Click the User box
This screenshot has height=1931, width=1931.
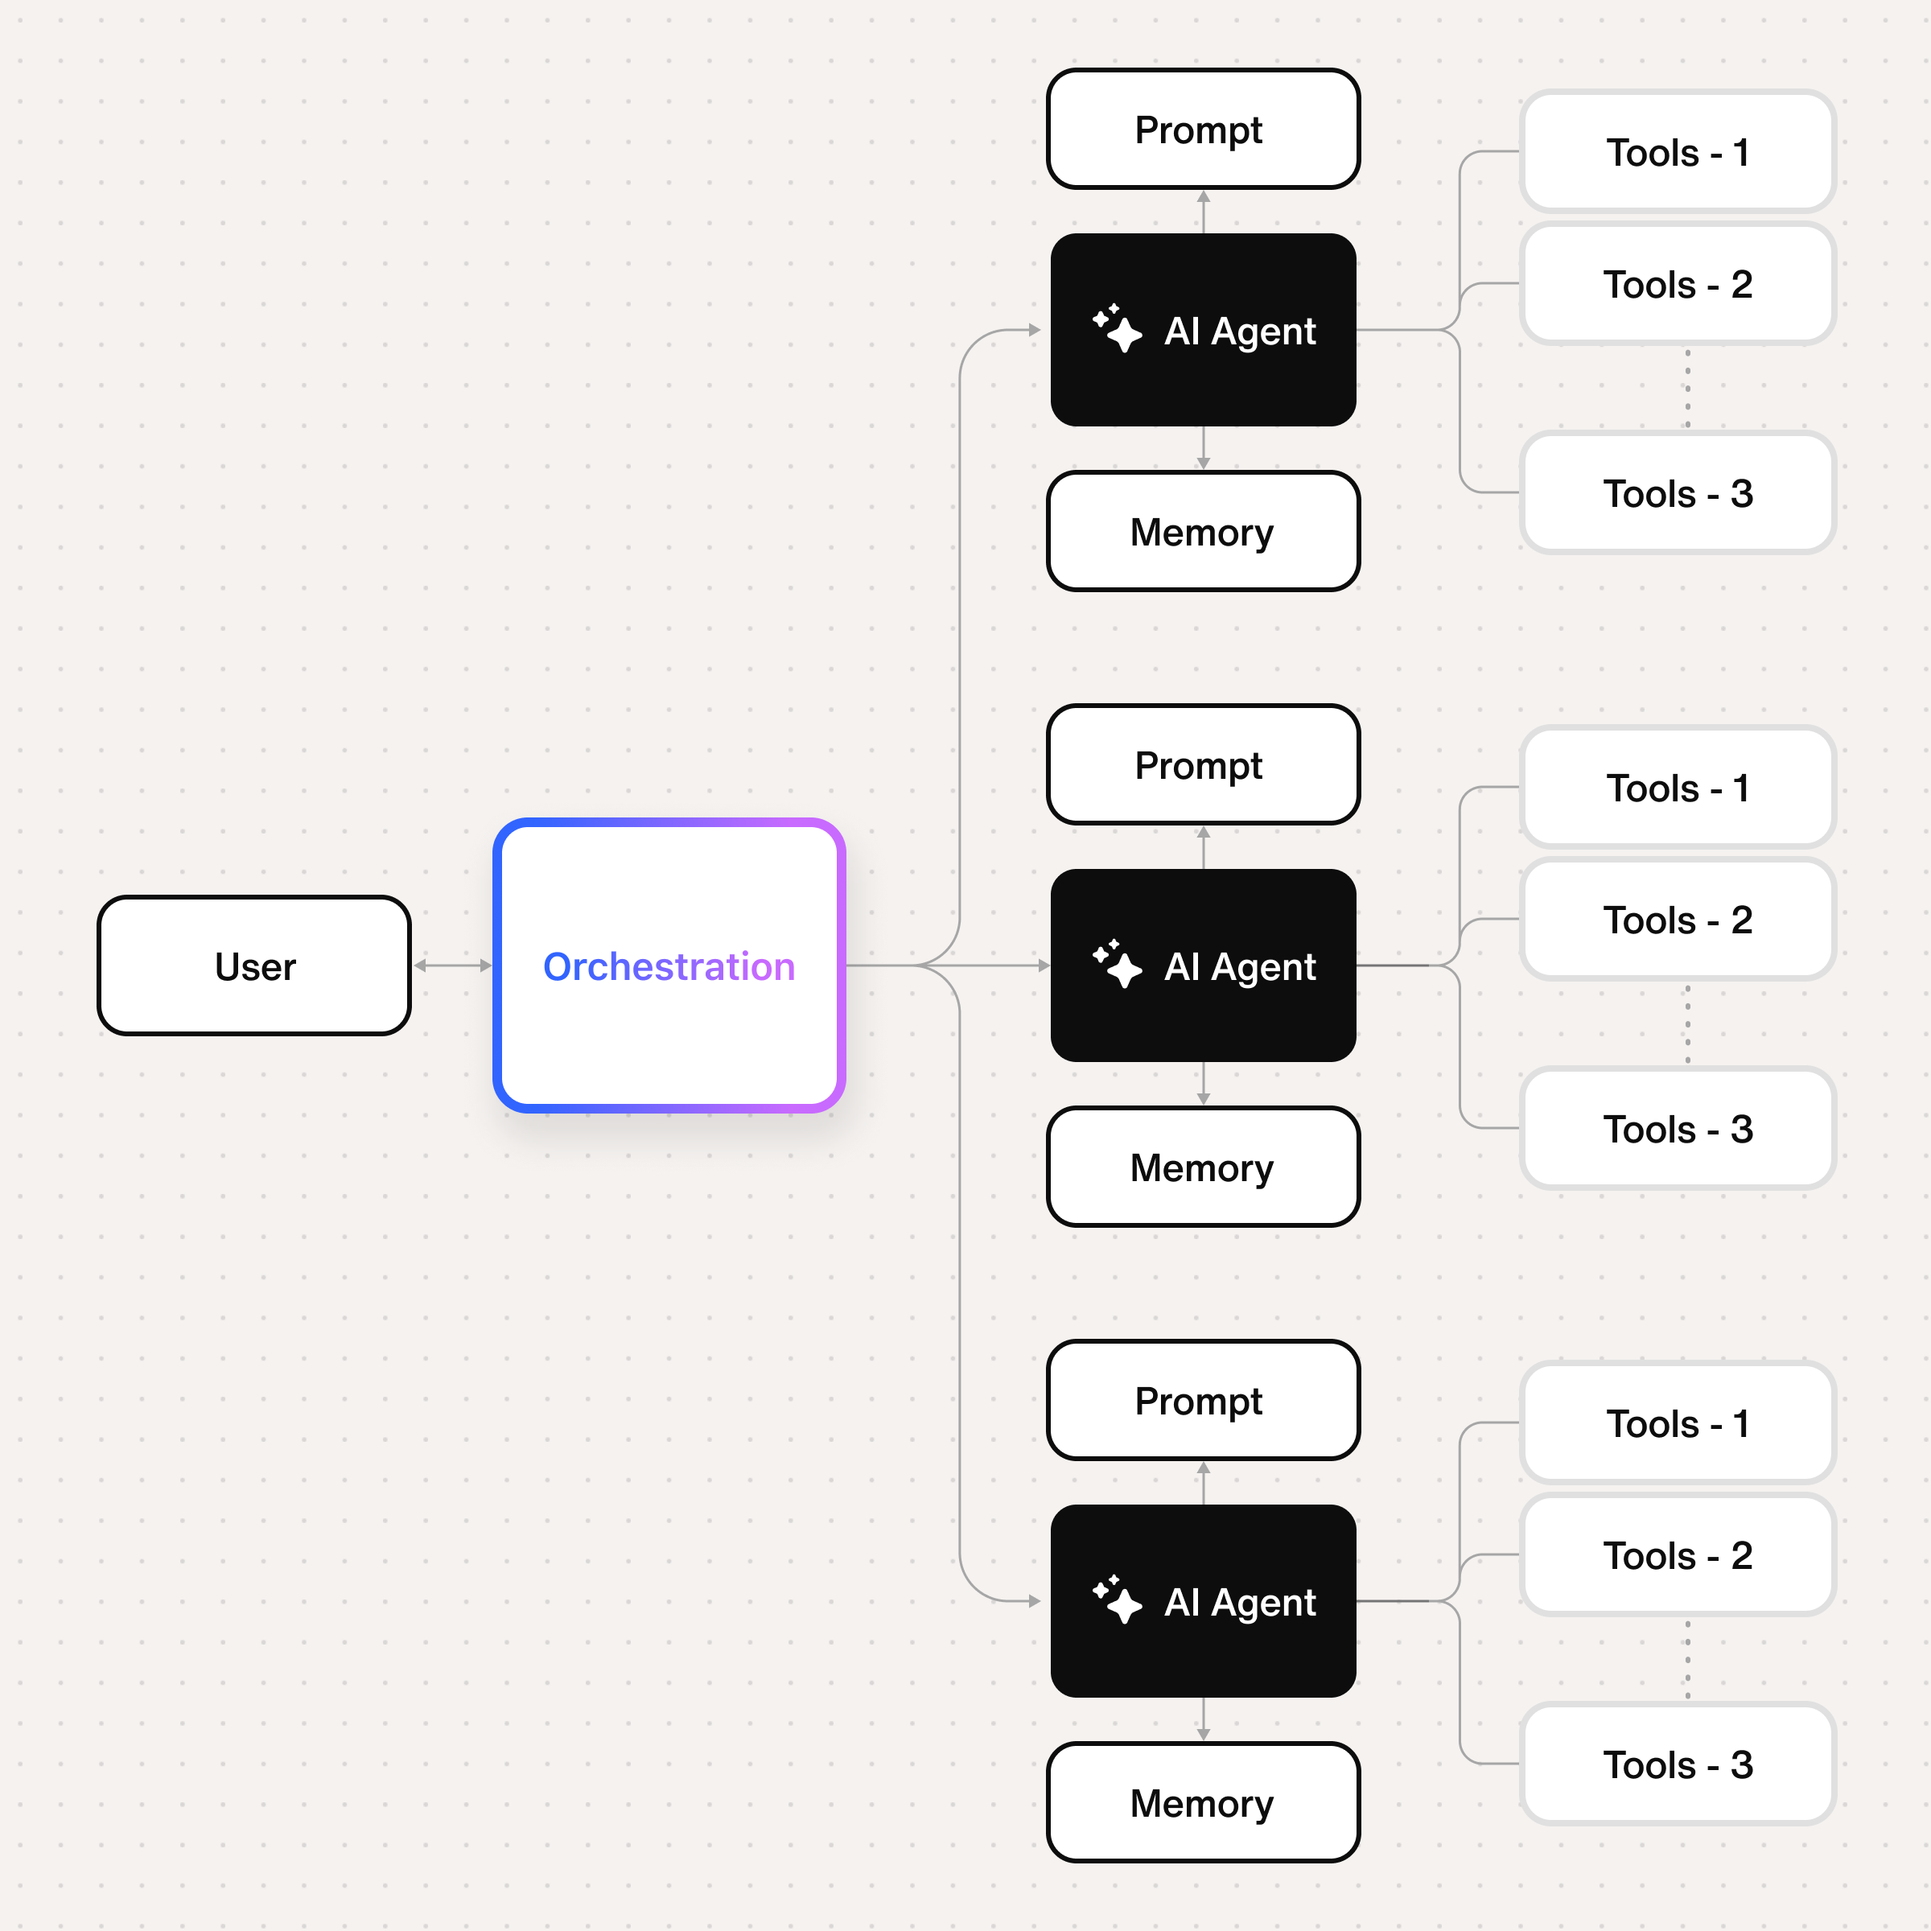254,965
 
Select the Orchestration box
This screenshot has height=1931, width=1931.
669,965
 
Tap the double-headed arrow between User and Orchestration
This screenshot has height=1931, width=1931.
453,965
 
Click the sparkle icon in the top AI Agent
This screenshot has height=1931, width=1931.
1117,329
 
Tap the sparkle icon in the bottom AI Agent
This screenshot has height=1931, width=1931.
1117,1600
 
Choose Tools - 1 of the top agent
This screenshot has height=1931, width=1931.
1677,152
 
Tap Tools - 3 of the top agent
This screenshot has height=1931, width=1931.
1677,492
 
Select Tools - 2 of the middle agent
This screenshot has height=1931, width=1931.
1677,920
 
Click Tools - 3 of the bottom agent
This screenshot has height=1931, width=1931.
1677,1764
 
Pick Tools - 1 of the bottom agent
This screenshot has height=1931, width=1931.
1677,1423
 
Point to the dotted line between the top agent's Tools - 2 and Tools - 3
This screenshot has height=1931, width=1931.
1688,388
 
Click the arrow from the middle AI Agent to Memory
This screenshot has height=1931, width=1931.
1204,1084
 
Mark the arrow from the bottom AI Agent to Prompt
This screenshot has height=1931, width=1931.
1204,1482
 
